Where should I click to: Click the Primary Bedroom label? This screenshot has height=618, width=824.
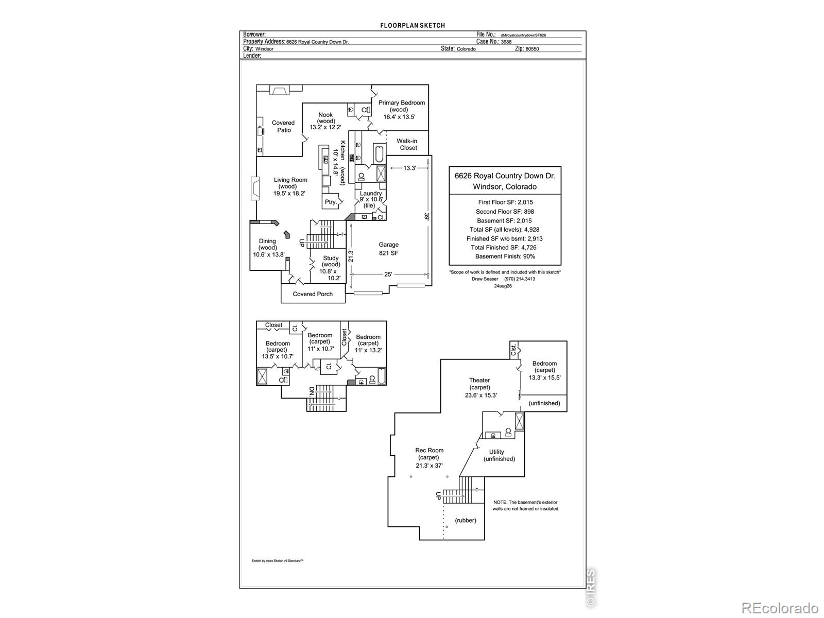(x=401, y=102)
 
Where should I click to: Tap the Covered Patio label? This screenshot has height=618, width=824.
(x=283, y=127)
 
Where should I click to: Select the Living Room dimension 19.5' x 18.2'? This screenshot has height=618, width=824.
(x=289, y=194)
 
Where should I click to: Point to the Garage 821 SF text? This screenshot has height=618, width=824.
(x=388, y=249)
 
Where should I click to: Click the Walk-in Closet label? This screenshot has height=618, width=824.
(x=407, y=145)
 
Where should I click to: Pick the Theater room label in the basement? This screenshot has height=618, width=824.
(x=479, y=380)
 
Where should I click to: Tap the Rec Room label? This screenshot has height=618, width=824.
(x=429, y=450)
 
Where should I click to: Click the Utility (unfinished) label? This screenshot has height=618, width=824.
(x=499, y=456)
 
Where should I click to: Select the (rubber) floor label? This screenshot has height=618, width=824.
(x=466, y=521)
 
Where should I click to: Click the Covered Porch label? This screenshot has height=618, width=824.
(x=313, y=294)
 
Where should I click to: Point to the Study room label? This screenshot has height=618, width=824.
(x=331, y=258)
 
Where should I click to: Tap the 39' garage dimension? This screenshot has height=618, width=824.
(x=426, y=216)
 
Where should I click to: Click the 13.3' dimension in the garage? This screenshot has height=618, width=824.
(x=409, y=168)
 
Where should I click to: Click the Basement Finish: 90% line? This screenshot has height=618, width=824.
(x=505, y=256)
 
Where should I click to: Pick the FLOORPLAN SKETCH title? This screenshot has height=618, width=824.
(x=413, y=26)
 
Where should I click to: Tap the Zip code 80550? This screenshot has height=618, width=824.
(x=533, y=49)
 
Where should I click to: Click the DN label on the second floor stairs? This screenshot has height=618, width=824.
(x=311, y=391)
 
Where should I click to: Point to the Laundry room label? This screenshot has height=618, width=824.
(x=371, y=193)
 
